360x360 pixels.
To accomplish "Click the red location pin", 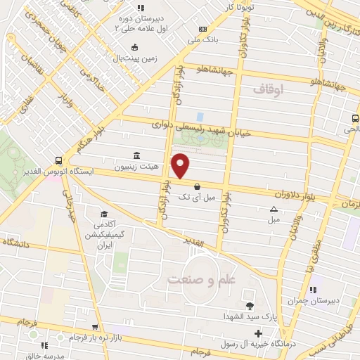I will coord(181,166).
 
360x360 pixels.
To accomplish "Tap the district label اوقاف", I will coord(268,89).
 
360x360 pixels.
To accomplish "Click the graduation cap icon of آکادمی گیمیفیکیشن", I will coord(105,214).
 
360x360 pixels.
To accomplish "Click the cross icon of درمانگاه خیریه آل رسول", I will coord(259,333).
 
